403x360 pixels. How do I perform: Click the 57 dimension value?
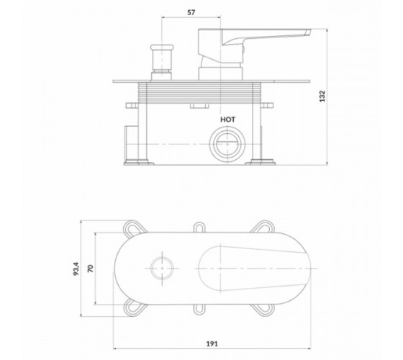191,12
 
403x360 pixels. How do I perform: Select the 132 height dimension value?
322,96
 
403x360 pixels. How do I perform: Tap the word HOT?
227,120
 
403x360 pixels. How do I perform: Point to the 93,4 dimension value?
76,269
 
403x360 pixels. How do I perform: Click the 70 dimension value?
91,269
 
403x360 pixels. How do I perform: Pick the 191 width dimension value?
212,343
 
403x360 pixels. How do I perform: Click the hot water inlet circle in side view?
227,144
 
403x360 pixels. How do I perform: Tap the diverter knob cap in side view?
162,48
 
